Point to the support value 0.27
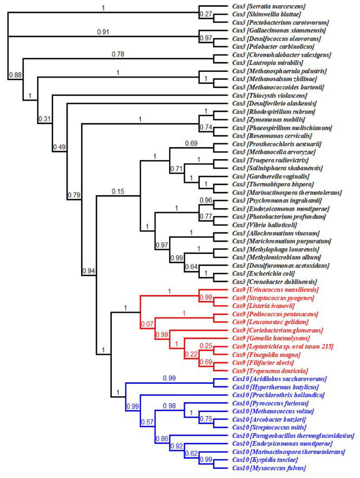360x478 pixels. click(x=207, y=15)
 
